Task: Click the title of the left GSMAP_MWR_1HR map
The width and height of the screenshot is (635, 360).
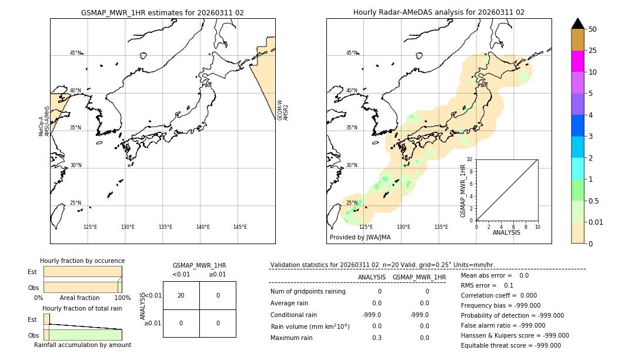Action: click(162, 12)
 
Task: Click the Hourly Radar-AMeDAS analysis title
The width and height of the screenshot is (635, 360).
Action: click(439, 12)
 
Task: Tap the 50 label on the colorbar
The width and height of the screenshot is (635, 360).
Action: click(593, 29)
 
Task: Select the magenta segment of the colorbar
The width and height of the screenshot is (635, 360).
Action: click(577, 61)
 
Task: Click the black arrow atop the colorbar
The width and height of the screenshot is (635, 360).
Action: click(577, 24)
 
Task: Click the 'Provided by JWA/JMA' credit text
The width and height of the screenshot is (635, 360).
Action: click(360, 237)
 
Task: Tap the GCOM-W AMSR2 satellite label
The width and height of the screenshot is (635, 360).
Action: click(283, 110)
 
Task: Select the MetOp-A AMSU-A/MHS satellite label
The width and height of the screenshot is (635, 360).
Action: click(44, 122)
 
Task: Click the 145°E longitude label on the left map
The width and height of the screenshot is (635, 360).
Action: click(240, 227)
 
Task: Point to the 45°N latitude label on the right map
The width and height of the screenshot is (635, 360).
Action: click(352, 53)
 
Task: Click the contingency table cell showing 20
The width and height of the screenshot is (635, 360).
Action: click(181, 295)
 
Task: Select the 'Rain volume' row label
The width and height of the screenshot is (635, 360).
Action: click(310, 326)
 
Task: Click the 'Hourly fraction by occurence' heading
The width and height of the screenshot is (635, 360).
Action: click(82, 261)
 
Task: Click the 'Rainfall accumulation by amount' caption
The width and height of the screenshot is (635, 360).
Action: click(82, 345)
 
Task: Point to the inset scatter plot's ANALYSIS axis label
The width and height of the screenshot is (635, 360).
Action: click(506, 232)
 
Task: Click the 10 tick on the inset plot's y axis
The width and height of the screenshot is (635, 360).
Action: click(470, 159)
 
